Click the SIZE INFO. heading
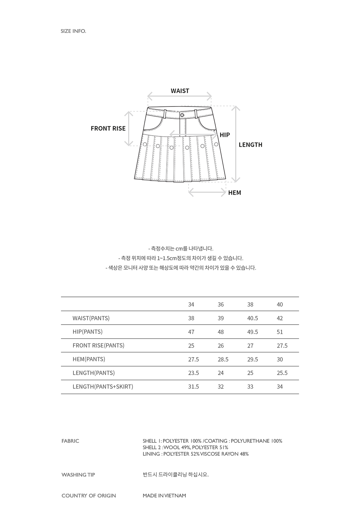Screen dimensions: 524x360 point(73,31)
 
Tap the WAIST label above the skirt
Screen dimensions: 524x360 point(180,91)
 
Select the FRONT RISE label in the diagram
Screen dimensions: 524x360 point(108,128)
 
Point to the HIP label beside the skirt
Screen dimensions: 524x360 point(225,135)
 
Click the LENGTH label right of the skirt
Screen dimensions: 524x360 point(250,145)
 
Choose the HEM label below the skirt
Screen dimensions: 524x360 point(234,193)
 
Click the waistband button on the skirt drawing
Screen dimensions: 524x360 point(182,115)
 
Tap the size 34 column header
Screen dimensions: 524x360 point(191,304)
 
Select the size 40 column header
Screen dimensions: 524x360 point(280,304)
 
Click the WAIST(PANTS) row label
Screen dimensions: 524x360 point(91,318)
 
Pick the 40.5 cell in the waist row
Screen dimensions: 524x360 point(252,318)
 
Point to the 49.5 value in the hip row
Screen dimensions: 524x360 point(252,332)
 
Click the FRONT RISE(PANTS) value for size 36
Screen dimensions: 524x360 point(221,345)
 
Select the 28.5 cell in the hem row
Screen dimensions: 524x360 point(223,359)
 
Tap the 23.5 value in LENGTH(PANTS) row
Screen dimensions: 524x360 point(193,373)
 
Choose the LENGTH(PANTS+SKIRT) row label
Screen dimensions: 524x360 point(103,387)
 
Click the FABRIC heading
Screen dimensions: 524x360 point(70,441)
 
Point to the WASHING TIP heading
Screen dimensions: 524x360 point(78,475)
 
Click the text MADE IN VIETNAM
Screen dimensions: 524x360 point(164,496)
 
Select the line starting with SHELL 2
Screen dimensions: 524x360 point(185,447)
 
